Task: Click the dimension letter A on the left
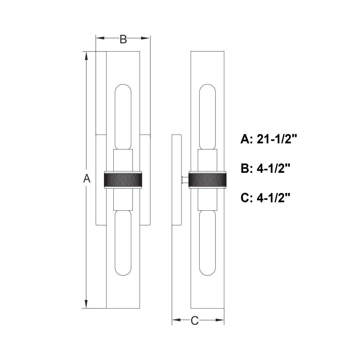86,179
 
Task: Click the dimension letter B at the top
123,39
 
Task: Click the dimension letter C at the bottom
194,320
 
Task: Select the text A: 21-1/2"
269,139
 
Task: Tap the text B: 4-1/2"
266,169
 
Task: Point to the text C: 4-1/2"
266,198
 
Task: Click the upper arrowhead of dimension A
86,56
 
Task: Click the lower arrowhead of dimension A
86,304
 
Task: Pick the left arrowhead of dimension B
100,38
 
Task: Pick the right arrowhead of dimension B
145,38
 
